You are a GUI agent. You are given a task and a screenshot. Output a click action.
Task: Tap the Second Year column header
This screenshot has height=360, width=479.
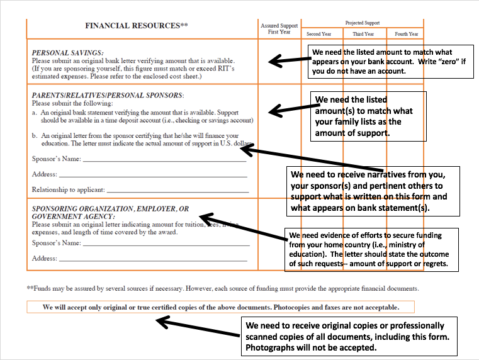click(318, 34)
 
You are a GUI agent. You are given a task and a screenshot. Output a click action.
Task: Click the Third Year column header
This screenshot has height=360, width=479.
click(363, 34)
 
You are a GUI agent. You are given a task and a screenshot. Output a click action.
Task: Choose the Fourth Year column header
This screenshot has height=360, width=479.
click(406, 34)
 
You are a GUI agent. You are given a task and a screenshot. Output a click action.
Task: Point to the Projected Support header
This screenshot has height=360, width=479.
click(363, 23)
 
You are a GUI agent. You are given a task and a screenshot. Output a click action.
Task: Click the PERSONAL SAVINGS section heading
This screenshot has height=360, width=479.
click(67, 53)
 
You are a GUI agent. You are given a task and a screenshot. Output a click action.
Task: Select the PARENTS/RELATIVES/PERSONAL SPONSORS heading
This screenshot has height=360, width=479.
click(108, 95)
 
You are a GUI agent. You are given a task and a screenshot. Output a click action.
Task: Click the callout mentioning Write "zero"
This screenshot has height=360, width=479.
click(390, 62)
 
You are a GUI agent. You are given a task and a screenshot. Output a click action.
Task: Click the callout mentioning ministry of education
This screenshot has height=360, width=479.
click(371, 249)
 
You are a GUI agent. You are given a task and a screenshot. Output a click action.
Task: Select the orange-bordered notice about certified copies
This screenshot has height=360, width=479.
click(221, 307)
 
